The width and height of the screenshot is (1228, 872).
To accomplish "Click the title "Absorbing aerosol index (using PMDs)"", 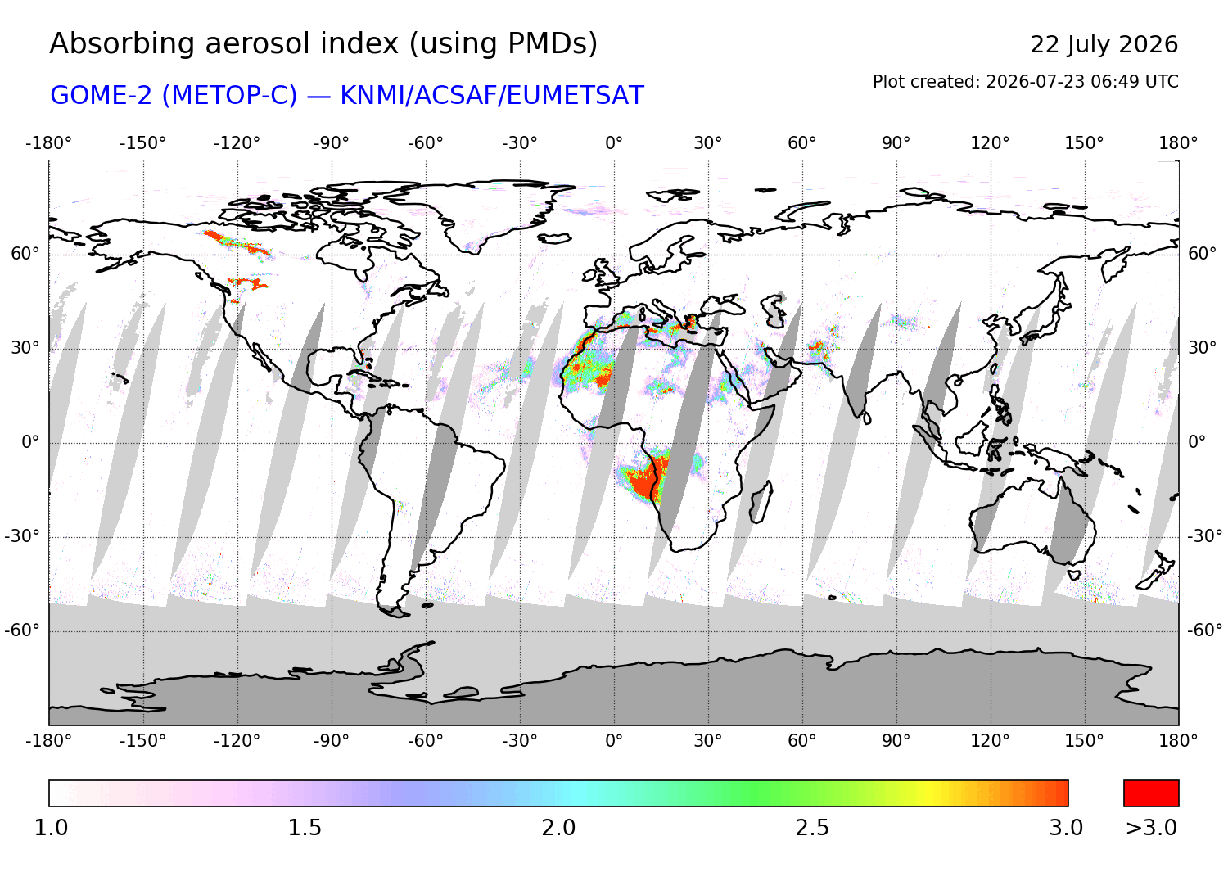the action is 323,44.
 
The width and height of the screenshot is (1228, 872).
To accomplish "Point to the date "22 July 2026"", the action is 1104,45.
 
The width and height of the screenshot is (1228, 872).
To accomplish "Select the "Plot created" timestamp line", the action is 1025,82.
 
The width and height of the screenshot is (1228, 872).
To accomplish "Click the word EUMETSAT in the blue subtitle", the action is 575,96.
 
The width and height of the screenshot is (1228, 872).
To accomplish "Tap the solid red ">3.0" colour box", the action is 1151,793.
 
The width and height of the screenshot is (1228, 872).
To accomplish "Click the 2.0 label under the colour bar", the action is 558,828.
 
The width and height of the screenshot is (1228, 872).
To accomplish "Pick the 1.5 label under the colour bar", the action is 305,828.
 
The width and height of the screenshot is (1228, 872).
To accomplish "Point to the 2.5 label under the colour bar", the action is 812,828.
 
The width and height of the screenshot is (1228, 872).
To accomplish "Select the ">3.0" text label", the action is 1151,828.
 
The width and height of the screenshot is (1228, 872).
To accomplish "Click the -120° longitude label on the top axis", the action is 237,143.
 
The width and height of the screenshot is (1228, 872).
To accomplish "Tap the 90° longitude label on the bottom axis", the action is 896,741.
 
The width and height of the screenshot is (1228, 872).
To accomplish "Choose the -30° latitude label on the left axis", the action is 22,535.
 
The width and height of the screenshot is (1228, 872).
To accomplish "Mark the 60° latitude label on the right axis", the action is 1203,254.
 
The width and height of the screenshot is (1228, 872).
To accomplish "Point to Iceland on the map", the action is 554,238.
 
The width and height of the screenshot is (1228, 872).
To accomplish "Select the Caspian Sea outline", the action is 774,311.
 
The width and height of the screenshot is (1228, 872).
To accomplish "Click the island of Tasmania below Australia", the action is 1073,575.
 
